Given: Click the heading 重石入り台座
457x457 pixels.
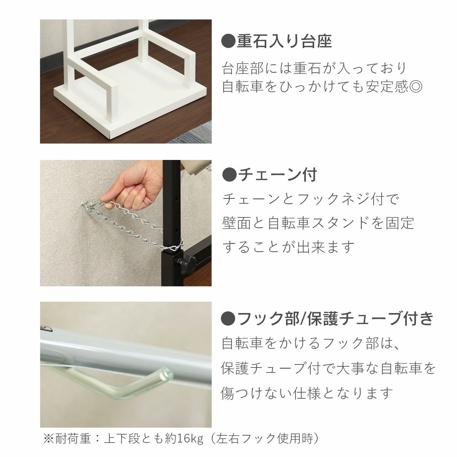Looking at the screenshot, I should coord(284,42).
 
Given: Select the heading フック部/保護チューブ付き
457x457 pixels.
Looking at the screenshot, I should coord(335,318).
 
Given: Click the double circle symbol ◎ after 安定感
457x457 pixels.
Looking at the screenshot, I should coord(415,87).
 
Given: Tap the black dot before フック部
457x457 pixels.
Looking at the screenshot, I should coord(228,318).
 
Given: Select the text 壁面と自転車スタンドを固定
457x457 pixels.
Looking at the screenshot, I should coord(318,223).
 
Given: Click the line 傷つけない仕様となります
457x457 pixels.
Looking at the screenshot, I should coord(307,393).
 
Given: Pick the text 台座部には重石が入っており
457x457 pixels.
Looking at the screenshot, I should coord(315,68).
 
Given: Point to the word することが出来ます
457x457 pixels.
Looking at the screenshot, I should coord(288,247).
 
